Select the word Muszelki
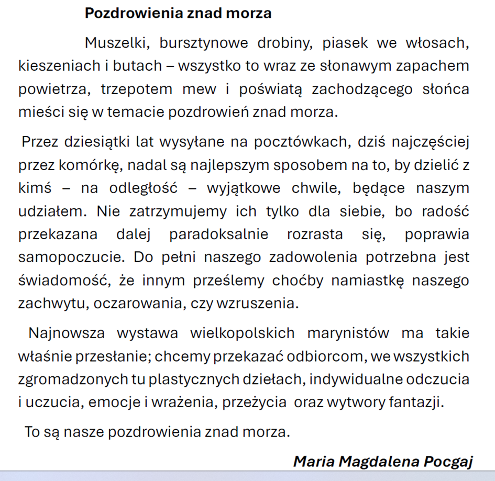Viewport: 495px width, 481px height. tap(113, 43)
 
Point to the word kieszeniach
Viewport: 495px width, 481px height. tap(59, 66)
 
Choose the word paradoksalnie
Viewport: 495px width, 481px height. tap(218, 234)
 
